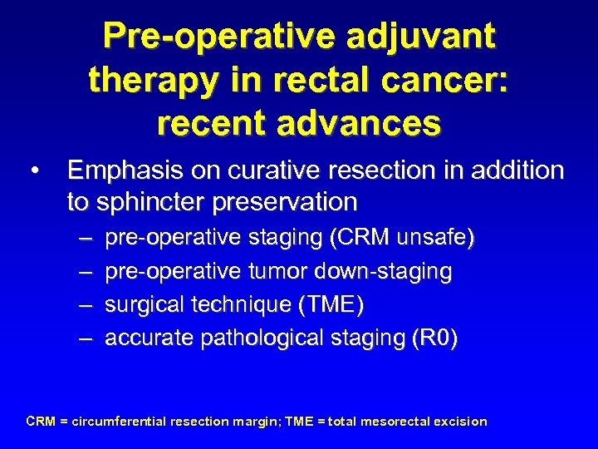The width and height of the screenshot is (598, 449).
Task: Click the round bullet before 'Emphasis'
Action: tap(33, 172)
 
